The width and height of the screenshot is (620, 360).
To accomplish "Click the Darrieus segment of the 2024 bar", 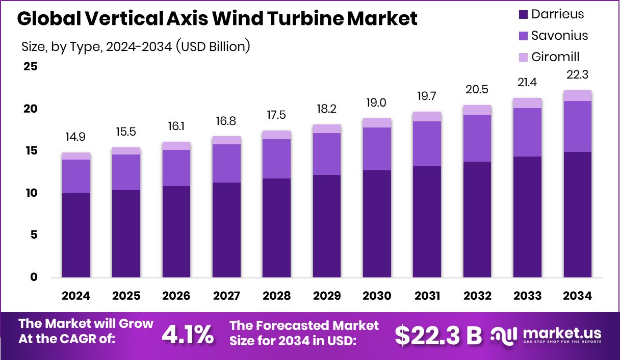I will (x=76, y=236).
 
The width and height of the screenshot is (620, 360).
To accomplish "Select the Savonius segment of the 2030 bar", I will (x=377, y=149).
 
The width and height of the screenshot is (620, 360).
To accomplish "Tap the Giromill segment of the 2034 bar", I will (x=577, y=96).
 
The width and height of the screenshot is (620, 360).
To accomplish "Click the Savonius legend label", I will (x=559, y=35).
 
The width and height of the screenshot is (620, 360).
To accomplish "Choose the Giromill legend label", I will (x=555, y=57).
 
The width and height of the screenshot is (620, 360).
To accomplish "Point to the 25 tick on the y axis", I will (x=30, y=67).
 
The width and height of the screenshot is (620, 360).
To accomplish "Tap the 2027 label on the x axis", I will (x=226, y=296).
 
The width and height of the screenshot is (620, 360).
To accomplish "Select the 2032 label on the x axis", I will (x=477, y=296).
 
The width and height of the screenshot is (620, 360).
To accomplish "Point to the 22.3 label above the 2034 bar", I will (x=577, y=75).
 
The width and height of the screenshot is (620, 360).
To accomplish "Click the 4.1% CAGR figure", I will (x=188, y=335).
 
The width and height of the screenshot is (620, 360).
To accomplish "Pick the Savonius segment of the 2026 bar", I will (x=176, y=168).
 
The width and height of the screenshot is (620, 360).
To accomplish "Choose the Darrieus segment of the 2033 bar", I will (x=527, y=217).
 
